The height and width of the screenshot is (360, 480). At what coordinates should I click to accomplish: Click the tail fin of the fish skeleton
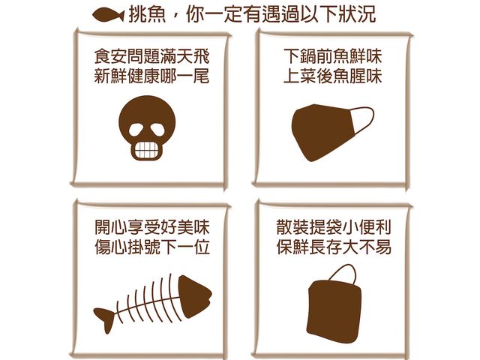click(104, 314)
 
